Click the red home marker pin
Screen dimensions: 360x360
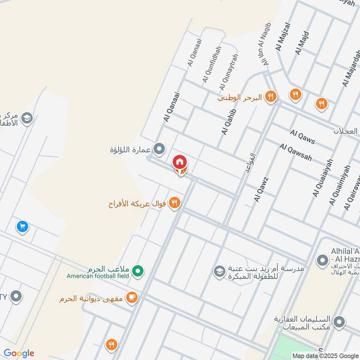point(180,161)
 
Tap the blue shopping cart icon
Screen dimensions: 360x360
point(22,226)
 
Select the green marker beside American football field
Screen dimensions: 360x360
point(139,271)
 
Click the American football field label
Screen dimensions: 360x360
point(98,276)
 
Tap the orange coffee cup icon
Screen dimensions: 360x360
point(132,297)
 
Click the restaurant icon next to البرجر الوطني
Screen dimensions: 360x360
point(270,96)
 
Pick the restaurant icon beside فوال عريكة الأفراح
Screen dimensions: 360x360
point(175,203)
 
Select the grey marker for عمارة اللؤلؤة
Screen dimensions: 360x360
point(159,148)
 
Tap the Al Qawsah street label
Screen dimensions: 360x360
point(296,153)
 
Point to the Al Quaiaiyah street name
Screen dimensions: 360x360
point(323,178)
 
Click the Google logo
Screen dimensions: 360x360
point(19,353)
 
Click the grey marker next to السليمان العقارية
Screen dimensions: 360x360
point(340,322)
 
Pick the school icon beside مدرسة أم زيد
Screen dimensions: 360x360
point(219,271)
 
